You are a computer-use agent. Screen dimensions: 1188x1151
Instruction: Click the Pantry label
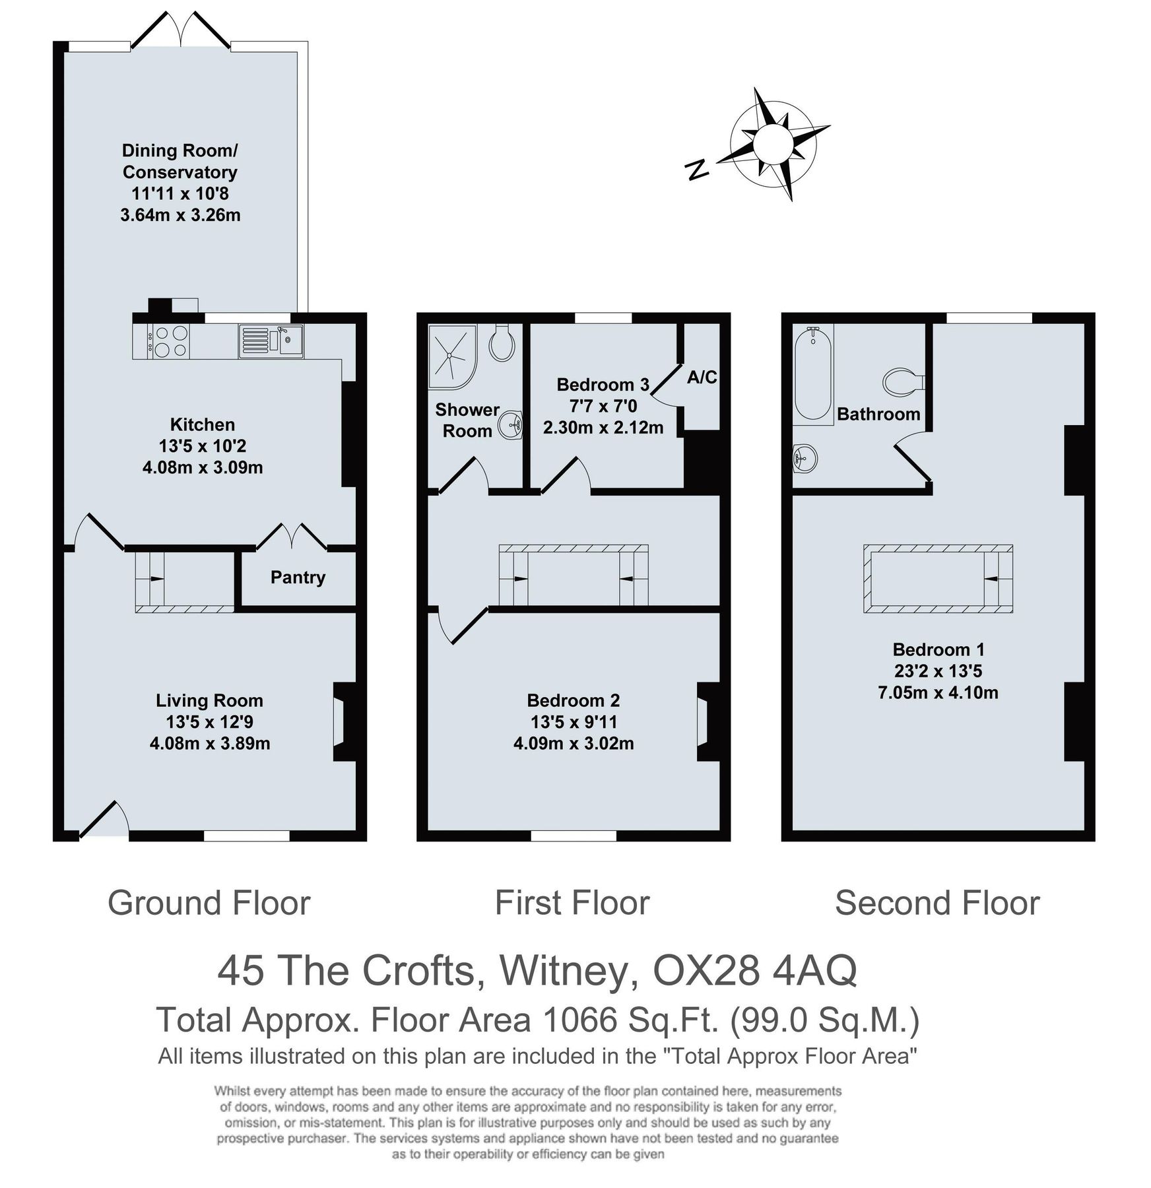tap(298, 577)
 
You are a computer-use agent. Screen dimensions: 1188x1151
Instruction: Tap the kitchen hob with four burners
tap(170, 341)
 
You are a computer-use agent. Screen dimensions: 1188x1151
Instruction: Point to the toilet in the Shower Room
tap(503, 343)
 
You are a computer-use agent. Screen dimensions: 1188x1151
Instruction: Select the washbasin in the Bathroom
tap(805, 457)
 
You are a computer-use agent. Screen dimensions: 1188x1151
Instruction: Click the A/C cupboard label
tap(702, 378)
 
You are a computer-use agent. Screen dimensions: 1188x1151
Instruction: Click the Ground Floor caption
tap(209, 903)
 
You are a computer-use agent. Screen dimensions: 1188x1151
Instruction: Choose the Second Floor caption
tap(937, 903)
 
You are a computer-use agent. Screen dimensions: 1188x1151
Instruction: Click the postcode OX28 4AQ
tap(754, 970)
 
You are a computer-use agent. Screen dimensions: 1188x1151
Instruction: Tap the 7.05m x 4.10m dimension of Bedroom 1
tap(937, 693)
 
